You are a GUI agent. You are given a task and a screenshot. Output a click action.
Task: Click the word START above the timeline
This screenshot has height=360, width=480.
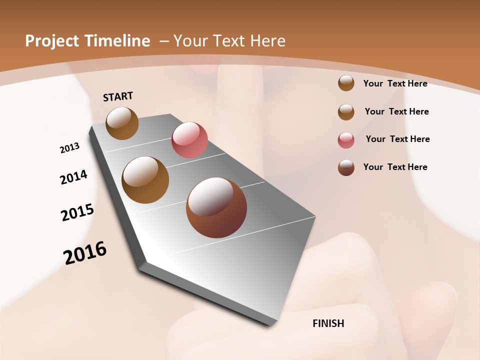[118, 96]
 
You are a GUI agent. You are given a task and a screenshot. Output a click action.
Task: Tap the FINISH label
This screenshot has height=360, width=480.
[328, 323]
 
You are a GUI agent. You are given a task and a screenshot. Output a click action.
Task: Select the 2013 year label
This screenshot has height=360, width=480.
[69, 148]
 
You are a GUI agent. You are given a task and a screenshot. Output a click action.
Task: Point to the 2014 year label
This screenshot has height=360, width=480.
[73, 177]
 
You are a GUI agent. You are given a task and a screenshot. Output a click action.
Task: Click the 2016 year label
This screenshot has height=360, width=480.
[85, 252]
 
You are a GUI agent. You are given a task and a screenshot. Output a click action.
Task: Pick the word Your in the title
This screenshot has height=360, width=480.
[188, 41]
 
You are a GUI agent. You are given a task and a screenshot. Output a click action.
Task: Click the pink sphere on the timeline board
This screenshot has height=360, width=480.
[189, 140]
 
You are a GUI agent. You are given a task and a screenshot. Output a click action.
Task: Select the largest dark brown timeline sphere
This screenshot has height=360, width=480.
[216, 207]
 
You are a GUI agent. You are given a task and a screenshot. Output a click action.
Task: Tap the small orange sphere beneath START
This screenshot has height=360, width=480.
[122, 123]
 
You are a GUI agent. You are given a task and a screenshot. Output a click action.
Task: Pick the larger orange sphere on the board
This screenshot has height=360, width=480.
[145, 180]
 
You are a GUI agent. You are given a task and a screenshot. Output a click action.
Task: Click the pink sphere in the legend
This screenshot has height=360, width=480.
[346, 140]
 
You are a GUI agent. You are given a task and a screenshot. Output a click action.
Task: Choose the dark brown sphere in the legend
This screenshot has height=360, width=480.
[346, 167]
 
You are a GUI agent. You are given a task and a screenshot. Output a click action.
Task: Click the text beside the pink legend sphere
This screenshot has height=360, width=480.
[397, 139]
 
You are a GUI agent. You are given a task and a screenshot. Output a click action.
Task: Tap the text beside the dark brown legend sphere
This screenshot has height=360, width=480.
[395, 167]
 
